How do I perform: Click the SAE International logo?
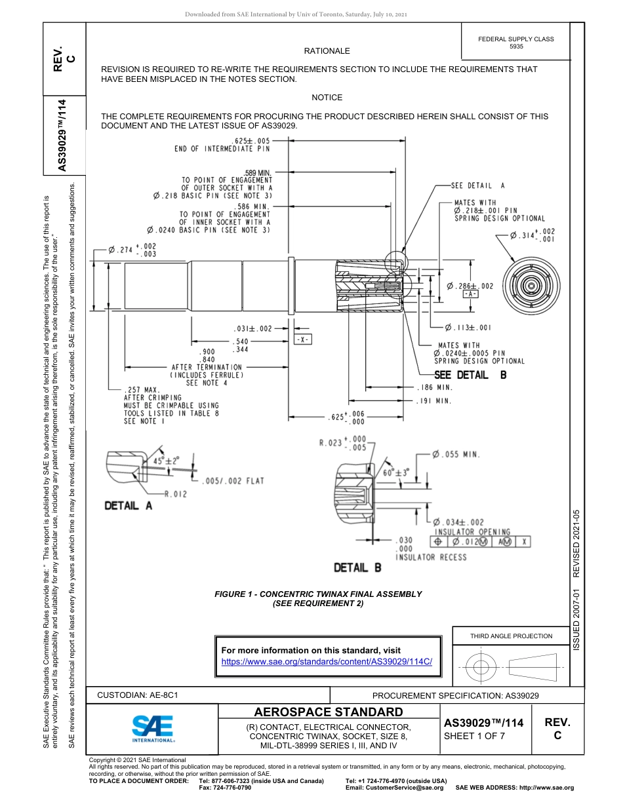click(152, 728)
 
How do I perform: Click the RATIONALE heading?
click(327, 51)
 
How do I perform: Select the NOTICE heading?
click(327, 98)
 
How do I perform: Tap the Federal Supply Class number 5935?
click(516, 47)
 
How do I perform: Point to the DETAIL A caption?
click(129, 505)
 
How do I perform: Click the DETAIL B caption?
click(357, 567)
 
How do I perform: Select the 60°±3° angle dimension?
click(395, 472)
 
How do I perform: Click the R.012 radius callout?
click(175, 493)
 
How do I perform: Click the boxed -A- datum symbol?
click(470, 295)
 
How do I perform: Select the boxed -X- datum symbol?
click(302, 340)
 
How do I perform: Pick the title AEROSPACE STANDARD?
click(328, 712)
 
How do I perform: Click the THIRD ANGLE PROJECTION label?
click(511, 636)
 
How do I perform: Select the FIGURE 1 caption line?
click(318, 594)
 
